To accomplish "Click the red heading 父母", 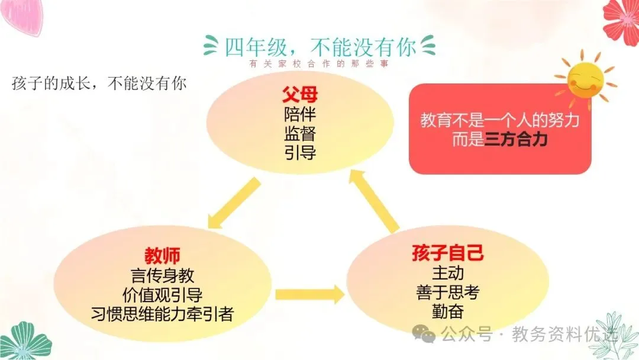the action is [x=300, y=95].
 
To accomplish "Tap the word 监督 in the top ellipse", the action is [x=300, y=134].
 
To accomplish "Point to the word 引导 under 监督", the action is [x=300, y=153].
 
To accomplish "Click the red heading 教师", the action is [x=162, y=256].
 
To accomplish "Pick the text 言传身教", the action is [x=162, y=275].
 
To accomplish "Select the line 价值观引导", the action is [x=162, y=294].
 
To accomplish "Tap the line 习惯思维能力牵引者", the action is [x=162, y=314].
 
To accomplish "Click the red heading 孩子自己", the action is [x=448, y=253].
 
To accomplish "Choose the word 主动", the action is [x=448, y=273].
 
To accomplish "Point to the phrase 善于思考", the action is [x=448, y=292].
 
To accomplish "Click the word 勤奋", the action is [x=448, y=311].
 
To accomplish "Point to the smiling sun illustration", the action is [x=583, y=79].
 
